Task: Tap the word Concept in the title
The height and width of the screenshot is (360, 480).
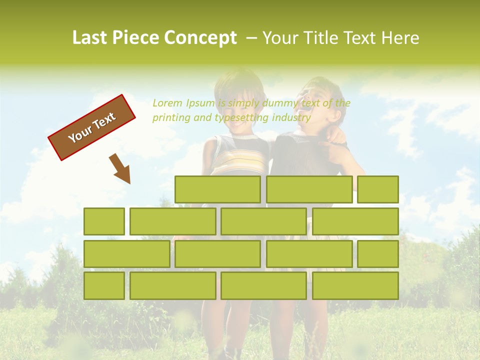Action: [201, 38]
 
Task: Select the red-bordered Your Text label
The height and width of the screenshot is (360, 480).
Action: [91, 127]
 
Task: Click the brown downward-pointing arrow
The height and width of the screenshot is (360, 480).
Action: [121, 168]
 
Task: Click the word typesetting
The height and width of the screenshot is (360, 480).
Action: [241, 118]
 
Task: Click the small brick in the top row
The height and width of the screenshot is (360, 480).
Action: [378, 189]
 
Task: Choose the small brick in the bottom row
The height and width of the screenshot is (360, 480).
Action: [104, 285]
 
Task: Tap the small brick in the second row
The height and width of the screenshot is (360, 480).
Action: [104, 221]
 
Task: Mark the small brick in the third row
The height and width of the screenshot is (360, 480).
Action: [378, 253]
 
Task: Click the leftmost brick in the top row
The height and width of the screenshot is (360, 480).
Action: [217, 189]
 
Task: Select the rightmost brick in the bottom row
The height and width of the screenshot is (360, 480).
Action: [355, 285]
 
